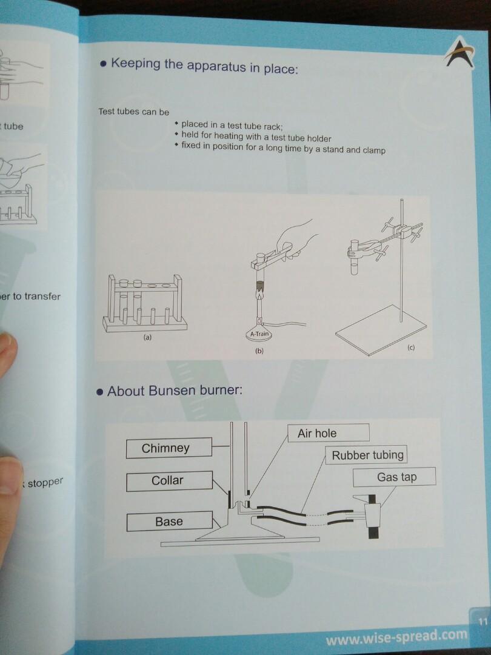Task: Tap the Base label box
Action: point(169,521)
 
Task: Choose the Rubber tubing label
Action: point(367,455)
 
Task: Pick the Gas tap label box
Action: point(396,477)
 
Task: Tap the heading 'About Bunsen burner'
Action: point(175,391)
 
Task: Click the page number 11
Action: point(483,620)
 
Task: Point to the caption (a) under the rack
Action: point(147,337)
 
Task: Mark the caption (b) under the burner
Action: point(259,351)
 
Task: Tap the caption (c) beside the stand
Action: point(411,349)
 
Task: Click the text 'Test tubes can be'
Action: point(133,112)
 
